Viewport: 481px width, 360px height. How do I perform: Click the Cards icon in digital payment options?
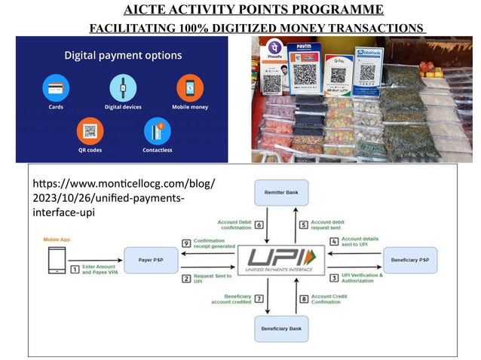(52, 87)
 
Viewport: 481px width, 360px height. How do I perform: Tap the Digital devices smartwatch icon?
(121, 87)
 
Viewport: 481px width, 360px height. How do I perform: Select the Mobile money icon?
(189, 87)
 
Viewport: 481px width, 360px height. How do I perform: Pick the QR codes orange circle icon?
(90, 131)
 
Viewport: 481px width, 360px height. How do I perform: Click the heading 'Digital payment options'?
(122, 56)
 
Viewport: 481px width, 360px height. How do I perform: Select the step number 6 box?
(258, 224)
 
